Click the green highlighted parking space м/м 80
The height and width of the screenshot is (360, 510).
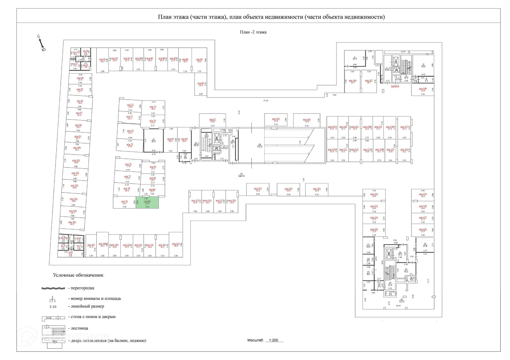pyautogui.click(x=147, y=202)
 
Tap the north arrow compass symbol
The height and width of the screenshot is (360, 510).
pyautogui.click(x=41, y=43)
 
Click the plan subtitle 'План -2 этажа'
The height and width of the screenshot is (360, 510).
pyautogui.click(x=253, y=32)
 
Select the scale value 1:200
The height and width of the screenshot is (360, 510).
pyautogui.click(x=273, y=340)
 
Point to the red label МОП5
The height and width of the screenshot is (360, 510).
pyautogui.click(x=395, y=87)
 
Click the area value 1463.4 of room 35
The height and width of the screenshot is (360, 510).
pyautogui.click(x=241, y=176)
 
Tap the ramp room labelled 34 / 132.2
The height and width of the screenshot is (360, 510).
pyautogui.click(x=260, y=145)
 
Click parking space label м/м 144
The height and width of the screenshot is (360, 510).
pyautogui.click(x=307, y=120)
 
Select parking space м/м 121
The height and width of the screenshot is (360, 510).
pyautogui.click(x=317, y=190)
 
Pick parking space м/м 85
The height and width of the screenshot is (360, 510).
pyautogui.click(x=199, y=60)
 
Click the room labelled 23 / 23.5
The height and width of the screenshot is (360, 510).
pyautogui.click(x=154, y=140)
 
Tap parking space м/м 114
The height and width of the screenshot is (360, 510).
pyautogui.click(x=176, y=245)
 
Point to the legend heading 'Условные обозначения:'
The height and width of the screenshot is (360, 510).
pyautogui.click(x=78, y=275)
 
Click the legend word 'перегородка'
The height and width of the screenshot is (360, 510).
pyautogui.click(x=82, y=288)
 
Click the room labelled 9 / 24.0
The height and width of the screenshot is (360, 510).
pyautogui.click(x=423, y=65)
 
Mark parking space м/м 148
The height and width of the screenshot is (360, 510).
pyautogui.click(x=423, y=89)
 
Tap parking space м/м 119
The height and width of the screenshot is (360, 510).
pyautogui.click(x=258, y=190)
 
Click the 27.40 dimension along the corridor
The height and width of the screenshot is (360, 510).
pyautogui.click(x=266, y=101)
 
